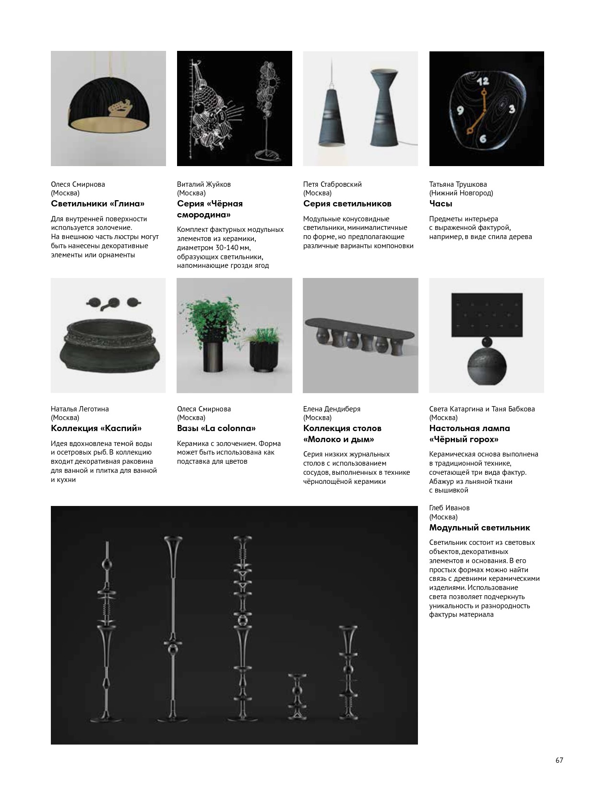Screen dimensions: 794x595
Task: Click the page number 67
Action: (559, 760)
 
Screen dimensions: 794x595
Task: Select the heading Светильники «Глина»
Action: (97, 204)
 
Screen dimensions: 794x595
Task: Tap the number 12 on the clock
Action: (483, 82)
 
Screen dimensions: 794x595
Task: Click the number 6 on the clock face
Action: (482, 139)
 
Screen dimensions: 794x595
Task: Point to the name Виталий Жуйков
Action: (203, 184)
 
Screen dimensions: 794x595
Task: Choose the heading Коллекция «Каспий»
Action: (96, 428)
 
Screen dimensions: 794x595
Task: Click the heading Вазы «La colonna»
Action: (216, 428)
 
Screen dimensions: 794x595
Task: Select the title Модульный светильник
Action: (479, 528)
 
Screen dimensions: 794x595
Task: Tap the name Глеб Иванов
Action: (449, 508)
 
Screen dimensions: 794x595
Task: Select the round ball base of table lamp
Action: (487, 367)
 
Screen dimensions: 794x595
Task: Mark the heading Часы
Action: (440, 204)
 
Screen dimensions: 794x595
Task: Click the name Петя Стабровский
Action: (332, 184)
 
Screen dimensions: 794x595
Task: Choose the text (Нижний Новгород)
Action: (461, 193)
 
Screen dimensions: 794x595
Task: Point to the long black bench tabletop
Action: (360, 325)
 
